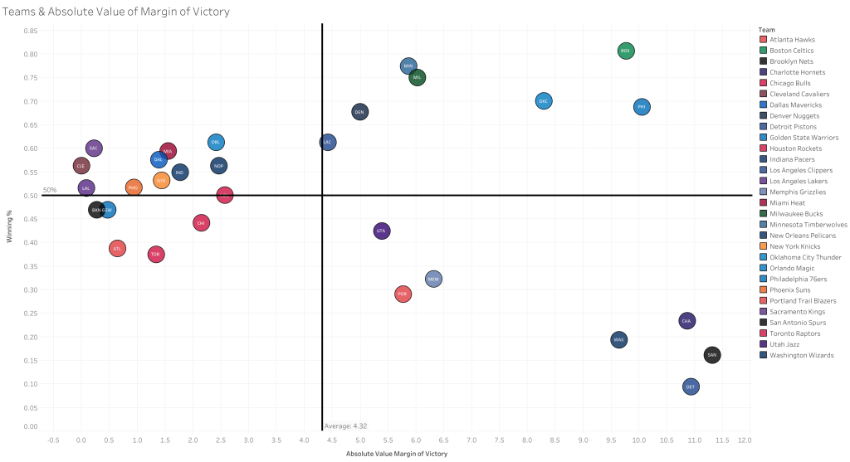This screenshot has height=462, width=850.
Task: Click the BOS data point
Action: [x=626, y=51]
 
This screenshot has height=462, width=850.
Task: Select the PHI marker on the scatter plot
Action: [x=641, y=107]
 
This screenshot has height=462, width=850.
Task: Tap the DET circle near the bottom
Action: [x=691, y=387]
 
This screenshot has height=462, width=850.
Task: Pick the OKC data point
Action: [x=544, y=101]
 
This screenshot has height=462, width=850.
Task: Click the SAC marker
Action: [x=94, y=148]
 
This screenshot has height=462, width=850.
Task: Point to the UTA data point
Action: [x=381, y=231]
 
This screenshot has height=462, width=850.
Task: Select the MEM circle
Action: [x=433, y=280]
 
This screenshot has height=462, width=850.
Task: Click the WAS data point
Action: [x=618, y=339]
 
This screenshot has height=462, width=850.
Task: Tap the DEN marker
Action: [x=359, y=112]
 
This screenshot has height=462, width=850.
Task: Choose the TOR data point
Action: [x=155, y=255]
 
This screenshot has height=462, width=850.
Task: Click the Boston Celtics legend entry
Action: [x=791, y=51]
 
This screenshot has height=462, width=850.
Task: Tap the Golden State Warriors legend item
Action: [x=804, y=138]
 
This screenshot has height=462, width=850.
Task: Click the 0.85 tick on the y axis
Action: [x=30, y=31]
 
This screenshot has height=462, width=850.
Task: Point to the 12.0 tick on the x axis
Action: [x=745, y=440]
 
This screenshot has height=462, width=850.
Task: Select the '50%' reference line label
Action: [x=50, y=190]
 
